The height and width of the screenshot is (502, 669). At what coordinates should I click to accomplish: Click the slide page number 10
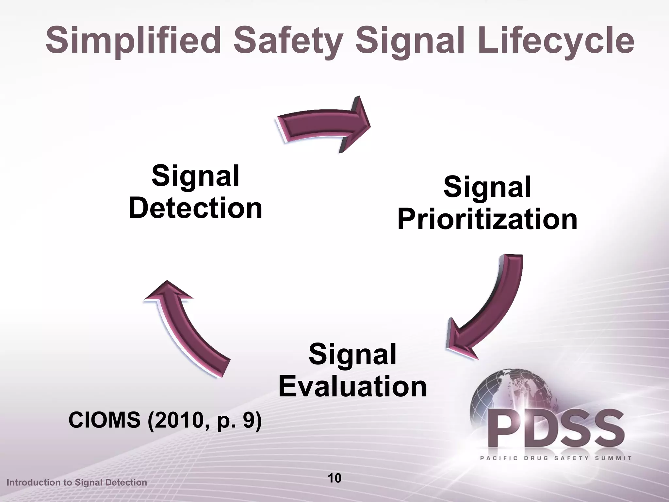click(x=334, y=478)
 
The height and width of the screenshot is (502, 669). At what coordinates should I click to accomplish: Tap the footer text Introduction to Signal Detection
click(x=77, y=482)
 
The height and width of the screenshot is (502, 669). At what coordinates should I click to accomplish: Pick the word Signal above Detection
click(x=196, y=176)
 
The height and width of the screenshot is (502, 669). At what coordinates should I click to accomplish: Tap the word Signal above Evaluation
click(x=352, y=355)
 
